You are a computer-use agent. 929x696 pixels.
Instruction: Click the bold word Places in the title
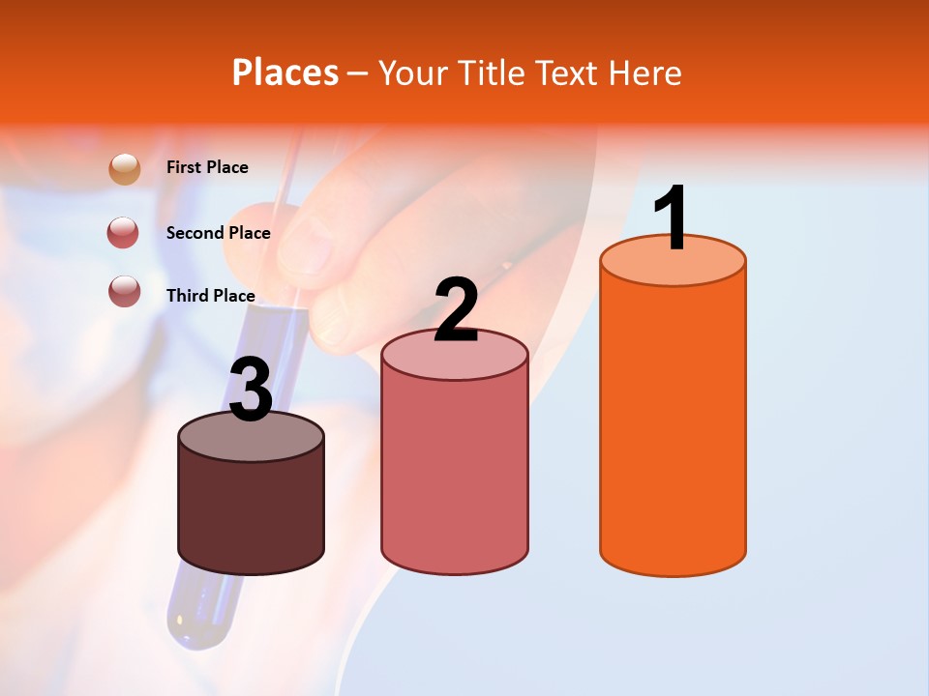pos(285,73)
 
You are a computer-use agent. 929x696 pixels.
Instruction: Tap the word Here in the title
pos(644,73)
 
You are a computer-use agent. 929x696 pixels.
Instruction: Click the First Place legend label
pos(207,167)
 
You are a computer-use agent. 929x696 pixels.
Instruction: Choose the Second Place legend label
pos(218,233)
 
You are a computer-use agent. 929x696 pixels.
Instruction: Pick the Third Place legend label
pos(210,296)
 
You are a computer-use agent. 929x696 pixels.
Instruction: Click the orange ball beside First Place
pos(125,168)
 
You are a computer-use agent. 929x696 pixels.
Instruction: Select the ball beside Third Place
pos(125,291)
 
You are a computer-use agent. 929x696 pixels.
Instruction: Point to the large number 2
pos(456,310)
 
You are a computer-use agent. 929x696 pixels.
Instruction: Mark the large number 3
pos(251,391)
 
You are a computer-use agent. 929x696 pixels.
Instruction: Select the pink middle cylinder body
pos(455,474)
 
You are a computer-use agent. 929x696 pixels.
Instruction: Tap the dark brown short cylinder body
pos(251,512)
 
